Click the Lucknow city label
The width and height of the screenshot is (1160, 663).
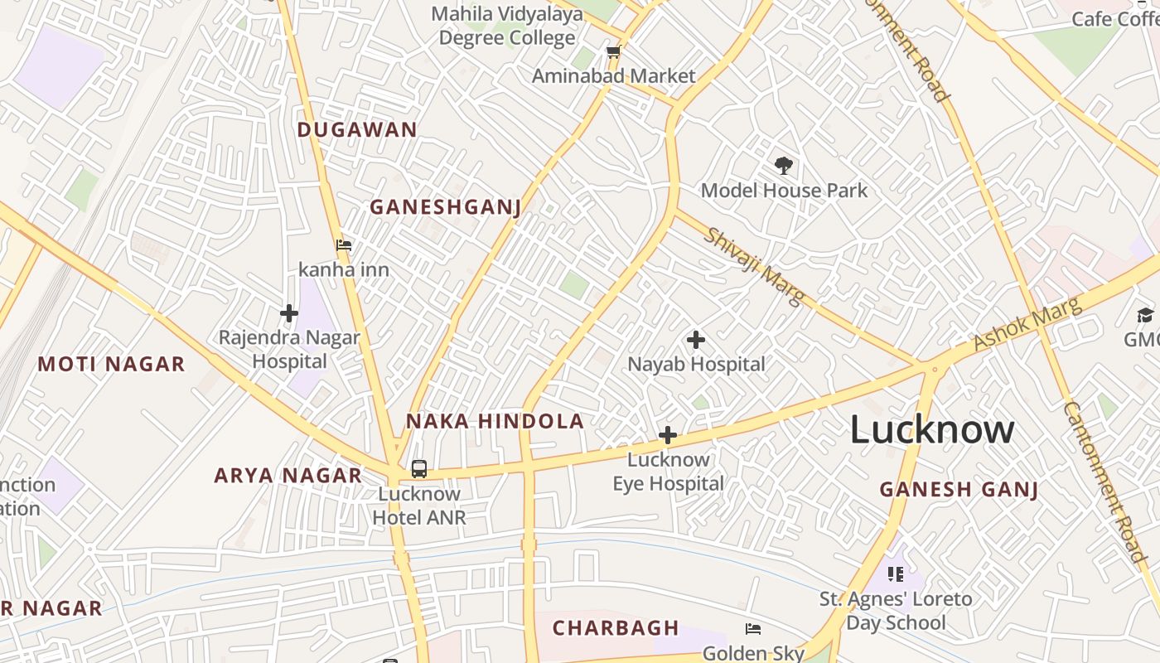[x=932, y=429]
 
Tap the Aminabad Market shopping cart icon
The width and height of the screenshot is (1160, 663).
[x=613, y=52]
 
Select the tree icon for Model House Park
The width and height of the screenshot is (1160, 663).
[x=783, y=166]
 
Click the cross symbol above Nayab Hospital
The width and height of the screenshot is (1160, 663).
[x=696, y=340]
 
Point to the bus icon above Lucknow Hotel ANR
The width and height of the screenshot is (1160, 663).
[x=419, y=469]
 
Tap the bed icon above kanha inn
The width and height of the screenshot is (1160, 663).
[x=343, y=245]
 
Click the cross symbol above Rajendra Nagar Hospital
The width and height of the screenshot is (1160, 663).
[x=288, y=313]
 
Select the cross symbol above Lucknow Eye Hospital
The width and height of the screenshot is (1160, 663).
[x=667, y=435]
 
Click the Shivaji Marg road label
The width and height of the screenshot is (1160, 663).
[x=754, y=267]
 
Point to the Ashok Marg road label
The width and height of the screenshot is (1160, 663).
[x=1027, y=323]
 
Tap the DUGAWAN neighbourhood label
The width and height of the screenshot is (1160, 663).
[x=357, y=130]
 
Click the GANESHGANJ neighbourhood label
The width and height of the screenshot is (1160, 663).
[x=445, y=207]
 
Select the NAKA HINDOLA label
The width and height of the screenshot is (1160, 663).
[x=495, y=421]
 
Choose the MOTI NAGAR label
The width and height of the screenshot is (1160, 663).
[x=111, y=364]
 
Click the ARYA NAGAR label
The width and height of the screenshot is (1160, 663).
[x=288, y=476]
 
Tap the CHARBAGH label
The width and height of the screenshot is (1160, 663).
[x=616, y=628]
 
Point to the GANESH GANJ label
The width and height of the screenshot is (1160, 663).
[x=959, y=489]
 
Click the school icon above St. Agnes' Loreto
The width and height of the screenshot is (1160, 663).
[x=895, y=573]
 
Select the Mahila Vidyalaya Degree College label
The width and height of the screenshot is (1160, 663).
[x=506, y=26]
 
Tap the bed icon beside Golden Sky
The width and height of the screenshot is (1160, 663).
[x=753, y=629]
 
